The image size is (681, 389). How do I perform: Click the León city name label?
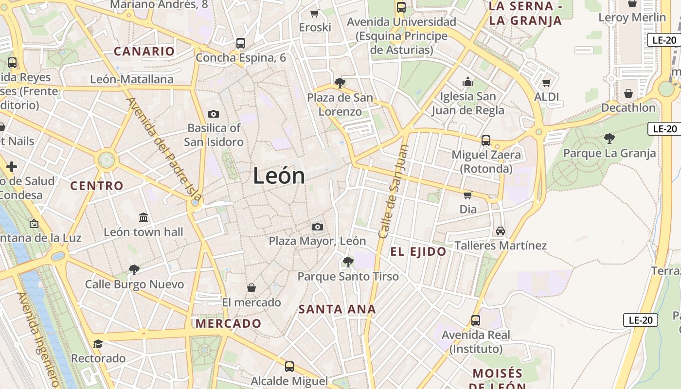tap(279, 176)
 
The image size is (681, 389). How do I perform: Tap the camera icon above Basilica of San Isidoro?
tap(213, 114)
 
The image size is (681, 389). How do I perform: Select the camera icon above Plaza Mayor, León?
tap(317, 227)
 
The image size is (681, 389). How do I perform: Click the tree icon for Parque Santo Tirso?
tap(348, 262)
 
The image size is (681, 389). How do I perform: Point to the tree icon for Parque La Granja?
tap(609, 139)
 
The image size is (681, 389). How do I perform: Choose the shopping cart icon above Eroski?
tap(315, 13)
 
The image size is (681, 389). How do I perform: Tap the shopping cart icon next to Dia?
tap(467, 195)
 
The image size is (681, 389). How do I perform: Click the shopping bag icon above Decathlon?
tap(628, 93)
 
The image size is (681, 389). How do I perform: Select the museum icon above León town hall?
tap(143, 217)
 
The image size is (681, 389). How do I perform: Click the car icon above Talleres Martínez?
tap(500, 231)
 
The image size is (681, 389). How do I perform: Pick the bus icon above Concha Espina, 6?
tap(240, 43)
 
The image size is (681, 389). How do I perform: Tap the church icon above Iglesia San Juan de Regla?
tap(468, 82)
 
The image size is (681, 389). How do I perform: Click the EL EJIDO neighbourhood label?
tap(418, 251)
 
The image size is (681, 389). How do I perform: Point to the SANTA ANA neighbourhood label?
tap(337, 309)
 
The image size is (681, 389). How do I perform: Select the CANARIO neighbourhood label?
tap(144, 51)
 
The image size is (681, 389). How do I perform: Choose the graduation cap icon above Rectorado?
tap(98, 344)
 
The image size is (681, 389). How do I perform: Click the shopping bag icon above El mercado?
tap(251, 288)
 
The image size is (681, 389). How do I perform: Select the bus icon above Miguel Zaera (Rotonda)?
tap(485, 141)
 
